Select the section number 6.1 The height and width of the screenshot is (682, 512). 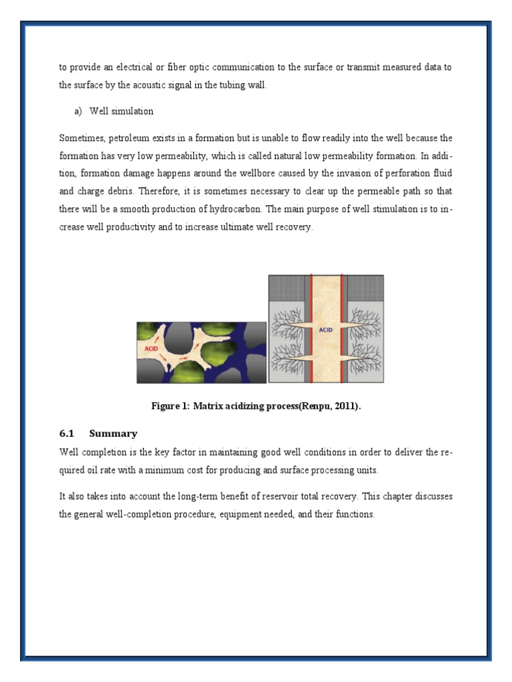point(67,434)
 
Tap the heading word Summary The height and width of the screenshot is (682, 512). point(113,434)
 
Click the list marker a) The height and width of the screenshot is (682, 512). point(79,111)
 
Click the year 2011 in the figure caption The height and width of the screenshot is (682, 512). point(346,408)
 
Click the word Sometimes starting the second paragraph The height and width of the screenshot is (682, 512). point(81,139)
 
